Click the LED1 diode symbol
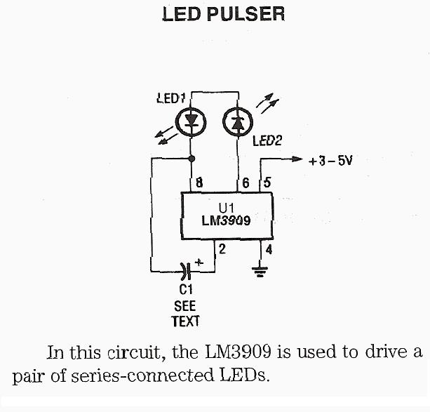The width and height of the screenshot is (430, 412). pyautogui.click(x=192, y=122)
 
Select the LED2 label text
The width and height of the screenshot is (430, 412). pyautogui.click(x=267, y=141)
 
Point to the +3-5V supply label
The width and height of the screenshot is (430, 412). pyautogui.click(x=330, y=160)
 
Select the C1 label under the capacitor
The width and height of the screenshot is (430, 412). pyautogui.click(x=186, y=289)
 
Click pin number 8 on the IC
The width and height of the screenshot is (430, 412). pyautogui.click(x=200, y=183)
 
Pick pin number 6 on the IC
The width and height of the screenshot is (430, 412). pyautogui.click(x=246, y=183)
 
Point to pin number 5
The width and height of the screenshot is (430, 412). pyautogui.click(x=267, y=183)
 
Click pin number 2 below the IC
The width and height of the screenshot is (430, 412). pyautogui.click(x=222, y=248)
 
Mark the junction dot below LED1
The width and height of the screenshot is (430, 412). pyautogui.click(x=192, y=159)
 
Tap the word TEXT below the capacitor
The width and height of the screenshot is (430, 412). pyautogui.click(x=186, y=321)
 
